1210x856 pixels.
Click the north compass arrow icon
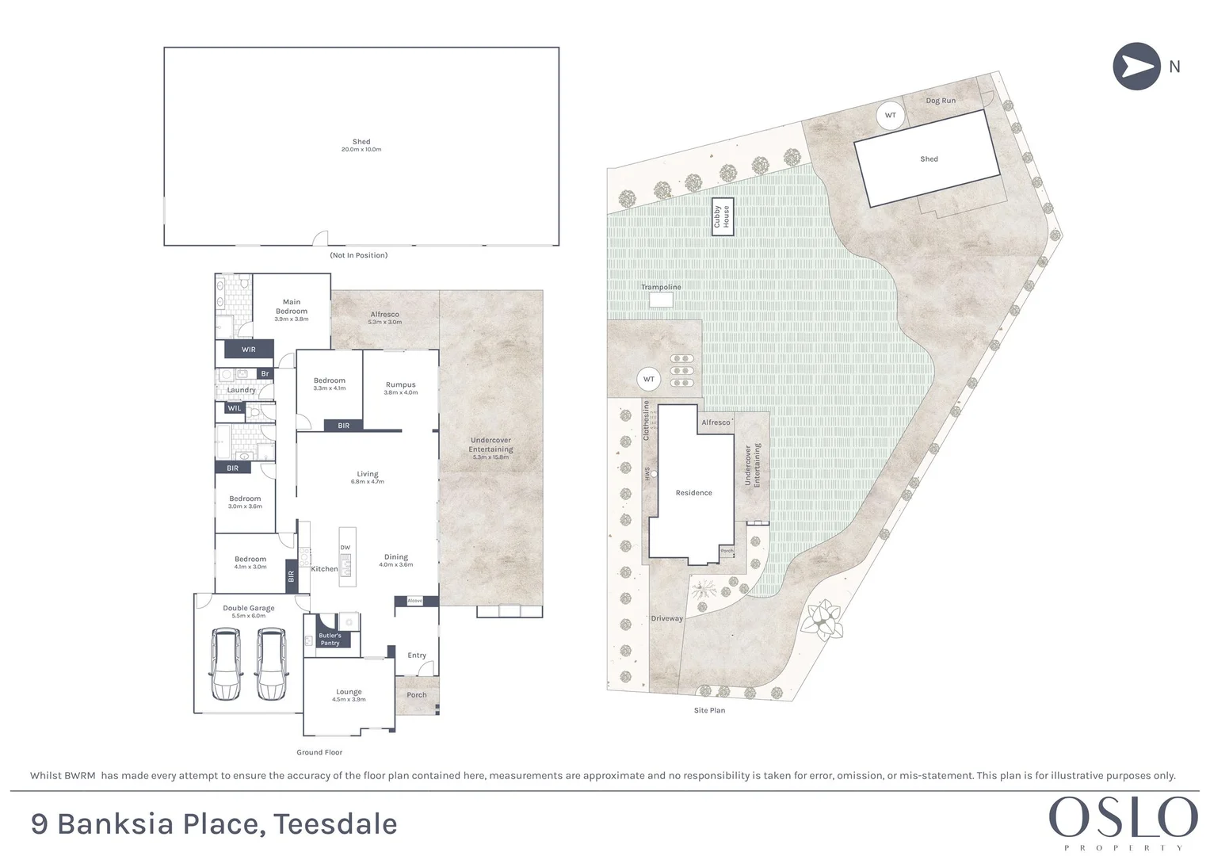point(1136,66)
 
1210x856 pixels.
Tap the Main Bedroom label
point(292,307)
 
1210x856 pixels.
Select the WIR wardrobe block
point(248,349)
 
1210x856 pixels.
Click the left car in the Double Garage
point(225,664)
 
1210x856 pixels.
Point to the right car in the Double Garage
point(271,664)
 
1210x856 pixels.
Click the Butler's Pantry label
point(330,639)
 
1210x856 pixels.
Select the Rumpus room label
point(400,384)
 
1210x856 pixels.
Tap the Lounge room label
point(349,692)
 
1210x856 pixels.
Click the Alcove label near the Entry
point(415,601)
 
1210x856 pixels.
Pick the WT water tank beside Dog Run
point(890,115)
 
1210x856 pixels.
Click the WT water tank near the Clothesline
point(649,379)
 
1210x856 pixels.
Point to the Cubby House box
point(722,216)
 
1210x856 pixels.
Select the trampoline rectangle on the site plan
point(661,300)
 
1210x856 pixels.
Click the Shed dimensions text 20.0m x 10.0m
point(361,150)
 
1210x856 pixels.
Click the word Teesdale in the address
point(335,824)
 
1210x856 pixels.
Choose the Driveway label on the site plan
point(666,618)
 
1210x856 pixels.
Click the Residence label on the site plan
point(693,493)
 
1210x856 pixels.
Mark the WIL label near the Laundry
point(235,408)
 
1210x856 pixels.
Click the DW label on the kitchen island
point(345,548)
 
